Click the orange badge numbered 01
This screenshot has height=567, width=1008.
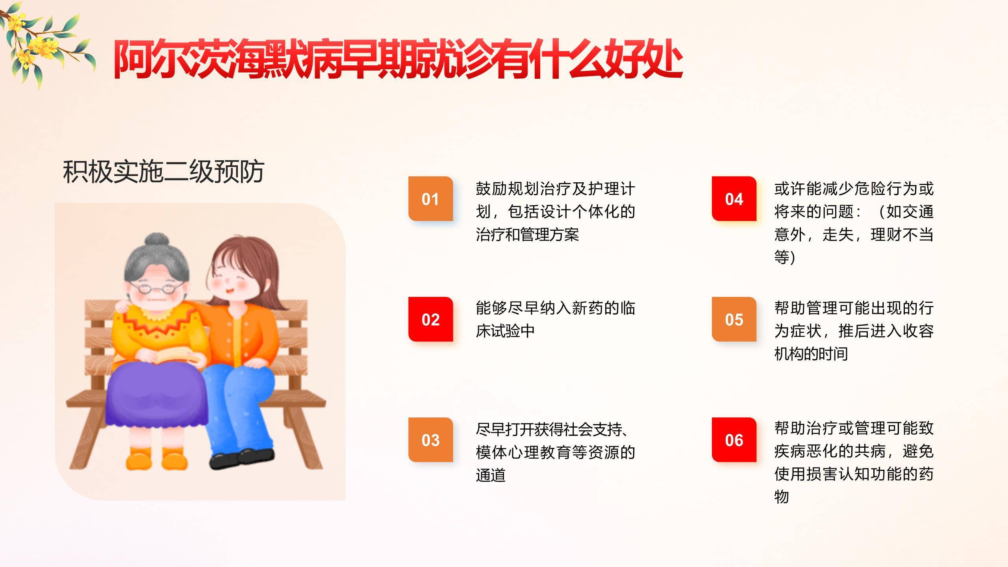tap(430, 199)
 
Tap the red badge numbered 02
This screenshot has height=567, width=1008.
tap(430, 319)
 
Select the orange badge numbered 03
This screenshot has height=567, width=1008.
tap(430, 440)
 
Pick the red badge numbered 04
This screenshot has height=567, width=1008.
tap(734, 199)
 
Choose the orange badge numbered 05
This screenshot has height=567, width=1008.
tap(734, 319)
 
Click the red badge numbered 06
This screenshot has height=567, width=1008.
tap(734, 440)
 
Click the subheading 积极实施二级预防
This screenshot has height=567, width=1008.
tap(163, 172)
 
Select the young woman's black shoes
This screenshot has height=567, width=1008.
tap(241, 458)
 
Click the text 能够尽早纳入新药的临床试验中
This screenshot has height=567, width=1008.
tap(555, 319)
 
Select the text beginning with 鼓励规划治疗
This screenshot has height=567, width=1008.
tap(555, 211)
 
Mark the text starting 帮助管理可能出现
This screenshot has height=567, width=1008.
tap(854, 331)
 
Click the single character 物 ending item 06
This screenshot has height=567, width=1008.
tap(782, 497)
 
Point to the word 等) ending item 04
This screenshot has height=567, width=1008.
tap(785, 257)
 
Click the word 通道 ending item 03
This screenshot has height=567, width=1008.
tap(491, 475)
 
